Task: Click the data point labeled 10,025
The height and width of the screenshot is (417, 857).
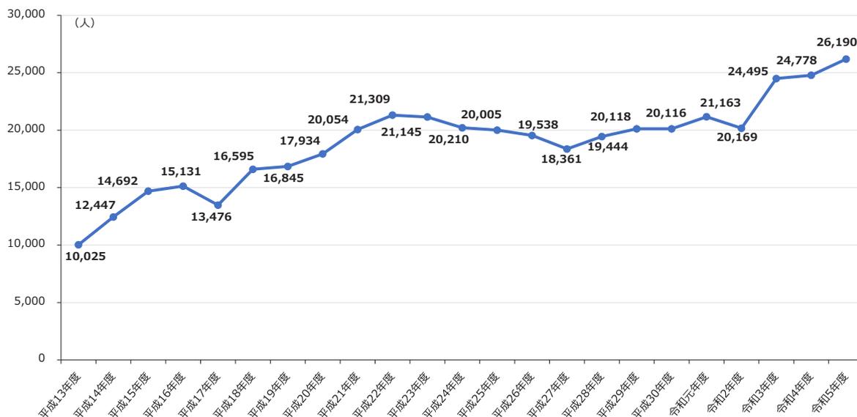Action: [x=78, y=245]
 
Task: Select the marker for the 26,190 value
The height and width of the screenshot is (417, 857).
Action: [x=845, y=59]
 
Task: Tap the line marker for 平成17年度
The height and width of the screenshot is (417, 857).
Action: [x=218, y=205]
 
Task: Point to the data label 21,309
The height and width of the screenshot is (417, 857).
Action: [x=371, y=99]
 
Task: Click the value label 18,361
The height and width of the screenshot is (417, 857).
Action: [x=561, y=158]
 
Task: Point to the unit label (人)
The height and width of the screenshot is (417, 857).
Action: [x=84, y=23]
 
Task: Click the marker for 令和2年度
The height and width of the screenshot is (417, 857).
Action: [x=741, y=128]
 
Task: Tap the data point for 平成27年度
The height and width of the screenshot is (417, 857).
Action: [x=566, y=149]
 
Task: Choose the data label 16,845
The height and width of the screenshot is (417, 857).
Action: [x=283, y=177]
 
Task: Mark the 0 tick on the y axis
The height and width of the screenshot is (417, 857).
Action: [x=41, y=359]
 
